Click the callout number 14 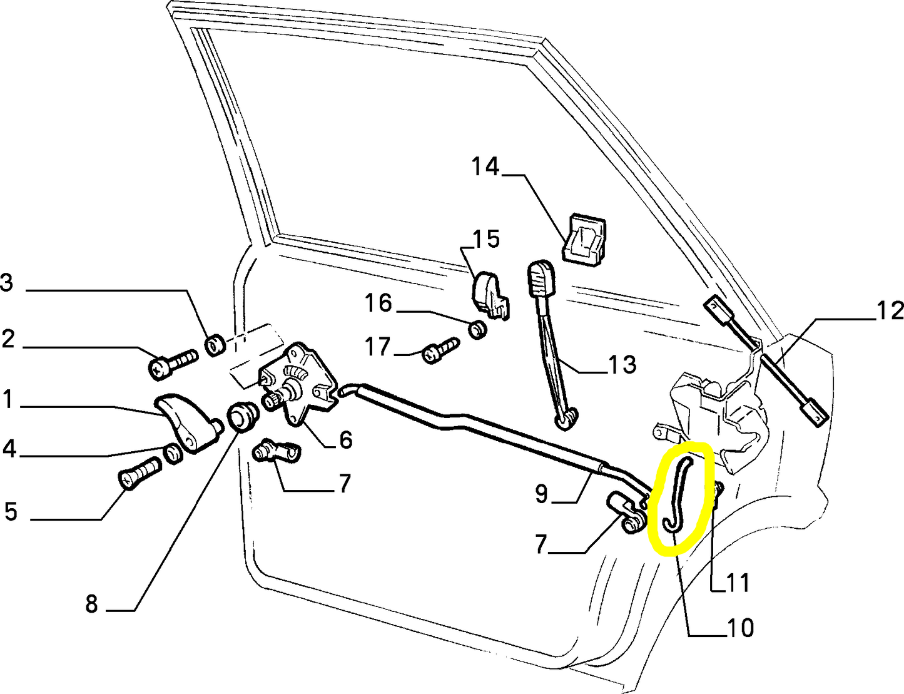click(485, 167)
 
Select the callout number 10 click(740, 627)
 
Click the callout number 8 click(91, 604)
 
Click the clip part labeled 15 click(489, 293)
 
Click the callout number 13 click(622, 364)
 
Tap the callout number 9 click(541, 494)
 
